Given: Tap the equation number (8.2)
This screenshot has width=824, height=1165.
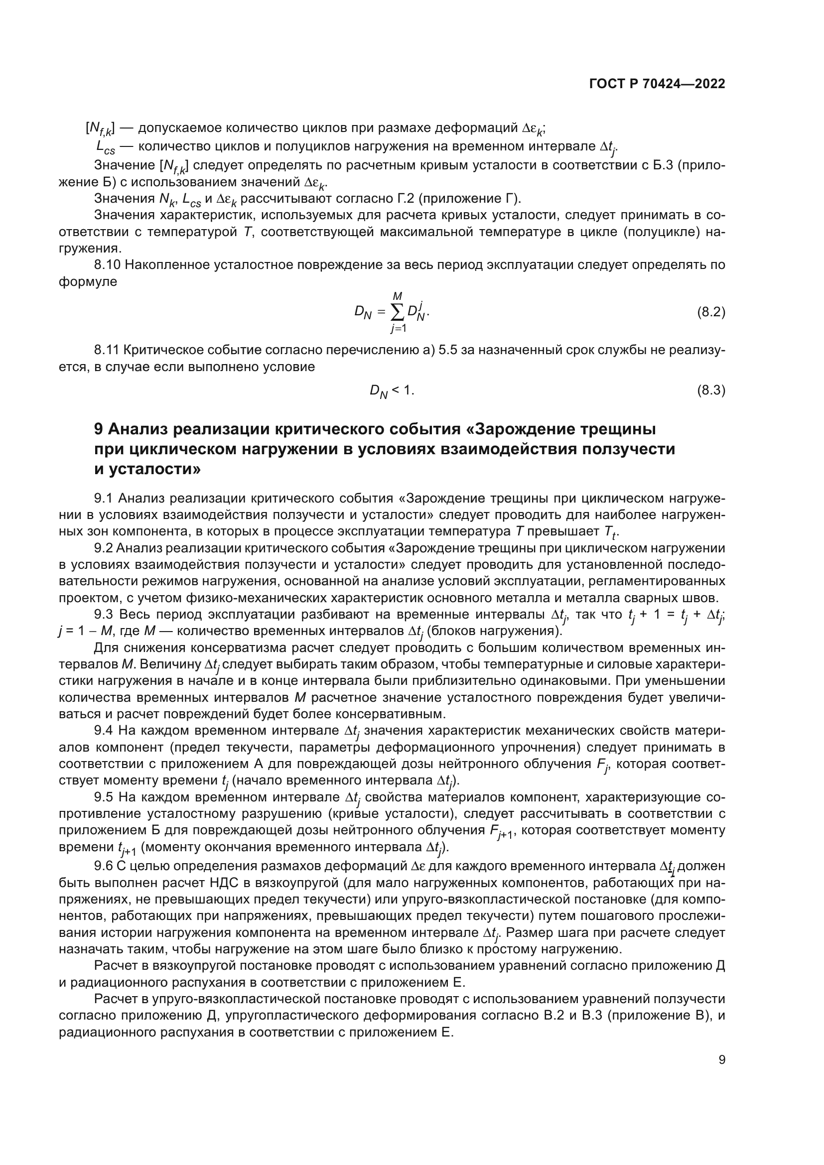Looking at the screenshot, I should point(711,312).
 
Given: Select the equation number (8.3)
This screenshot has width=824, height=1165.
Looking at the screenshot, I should point(711,390).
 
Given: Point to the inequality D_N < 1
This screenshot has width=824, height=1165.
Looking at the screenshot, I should point(392,390).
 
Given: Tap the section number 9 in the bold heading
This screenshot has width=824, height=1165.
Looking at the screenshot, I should point(99,429).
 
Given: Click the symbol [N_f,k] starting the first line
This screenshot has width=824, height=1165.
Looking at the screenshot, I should point(100,129).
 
